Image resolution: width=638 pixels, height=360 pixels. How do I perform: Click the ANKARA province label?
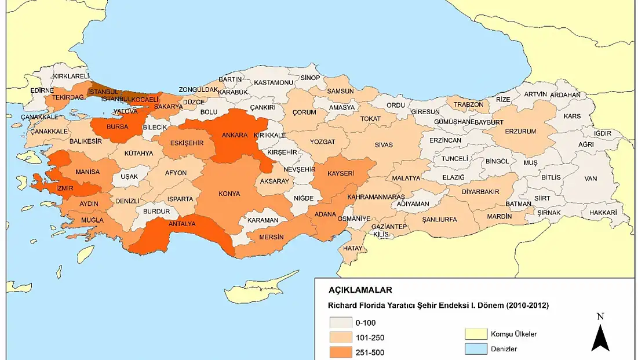pos(235,136)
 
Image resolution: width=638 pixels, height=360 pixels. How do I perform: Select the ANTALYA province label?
pos(181,224)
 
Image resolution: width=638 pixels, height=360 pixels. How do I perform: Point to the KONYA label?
pos(229,194)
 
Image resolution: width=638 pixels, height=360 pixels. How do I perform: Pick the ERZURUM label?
pos(520,132)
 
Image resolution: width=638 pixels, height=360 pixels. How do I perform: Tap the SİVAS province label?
pos(384,145)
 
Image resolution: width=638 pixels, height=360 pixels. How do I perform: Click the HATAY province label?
pos(352,248)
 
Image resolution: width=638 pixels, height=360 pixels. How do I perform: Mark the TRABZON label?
pos(468,104)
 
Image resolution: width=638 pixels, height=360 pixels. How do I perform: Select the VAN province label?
pos(590,179)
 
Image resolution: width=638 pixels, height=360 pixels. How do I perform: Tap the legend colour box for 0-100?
pos(341,322)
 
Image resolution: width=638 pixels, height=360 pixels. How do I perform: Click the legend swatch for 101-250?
pos(341,337)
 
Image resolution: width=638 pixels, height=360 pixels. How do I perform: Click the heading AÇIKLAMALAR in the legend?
pos(360,290)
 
